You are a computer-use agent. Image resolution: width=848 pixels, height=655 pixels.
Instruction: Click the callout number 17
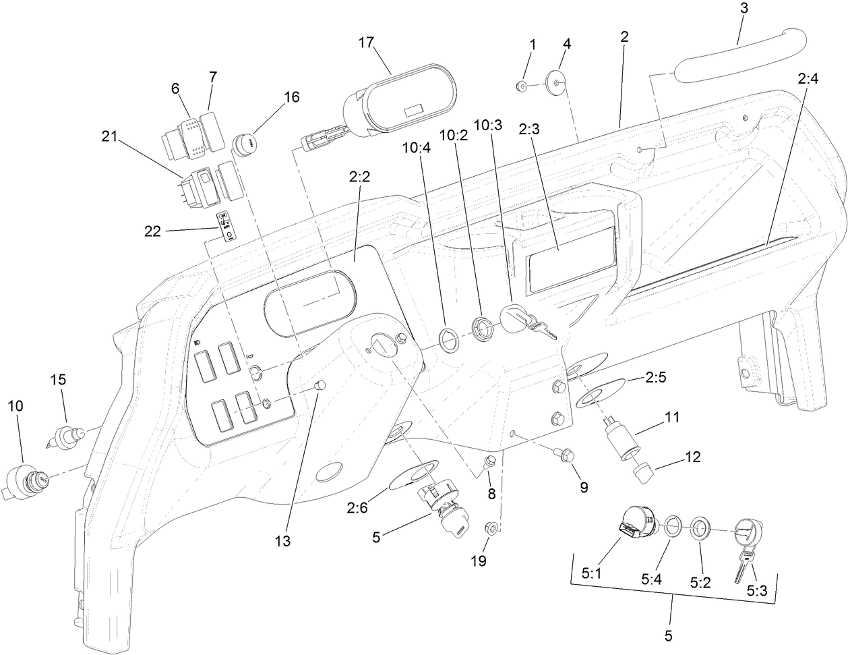366,42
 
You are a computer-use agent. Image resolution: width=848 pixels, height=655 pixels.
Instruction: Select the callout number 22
152,231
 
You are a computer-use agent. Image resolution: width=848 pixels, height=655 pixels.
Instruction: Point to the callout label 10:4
417,148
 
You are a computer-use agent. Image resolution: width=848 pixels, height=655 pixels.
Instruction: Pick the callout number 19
479,561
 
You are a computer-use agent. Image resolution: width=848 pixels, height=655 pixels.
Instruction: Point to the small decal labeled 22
226,227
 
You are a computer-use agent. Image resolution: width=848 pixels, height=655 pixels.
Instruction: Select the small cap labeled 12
644,474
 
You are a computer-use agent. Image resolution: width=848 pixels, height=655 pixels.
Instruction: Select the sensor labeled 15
65,438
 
